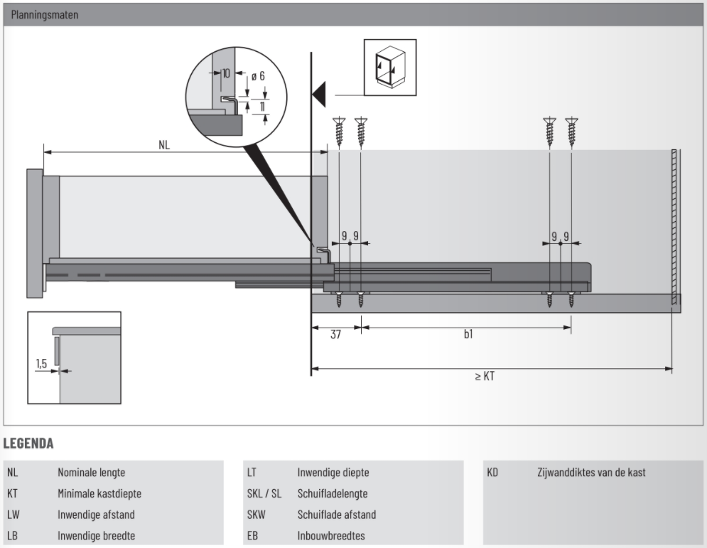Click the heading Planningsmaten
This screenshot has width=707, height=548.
45,14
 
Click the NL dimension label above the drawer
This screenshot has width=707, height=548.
164,144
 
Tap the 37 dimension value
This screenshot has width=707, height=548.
335,334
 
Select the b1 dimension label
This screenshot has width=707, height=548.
468,334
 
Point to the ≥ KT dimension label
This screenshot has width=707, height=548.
485,376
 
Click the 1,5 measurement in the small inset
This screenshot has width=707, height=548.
42,363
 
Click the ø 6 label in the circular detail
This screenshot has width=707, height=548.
258,75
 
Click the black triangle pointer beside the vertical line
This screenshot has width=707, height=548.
318,94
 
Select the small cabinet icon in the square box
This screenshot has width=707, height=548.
390,67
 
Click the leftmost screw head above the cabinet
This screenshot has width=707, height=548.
339,122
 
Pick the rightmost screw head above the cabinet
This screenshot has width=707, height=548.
571,122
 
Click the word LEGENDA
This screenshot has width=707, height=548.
29,444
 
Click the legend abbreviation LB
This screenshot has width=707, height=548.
12,535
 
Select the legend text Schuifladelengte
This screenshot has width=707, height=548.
333,493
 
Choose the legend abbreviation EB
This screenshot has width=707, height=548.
252,535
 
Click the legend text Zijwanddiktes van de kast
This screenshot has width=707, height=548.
591,472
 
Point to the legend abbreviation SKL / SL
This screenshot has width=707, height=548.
264,493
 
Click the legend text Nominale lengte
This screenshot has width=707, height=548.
92,472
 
